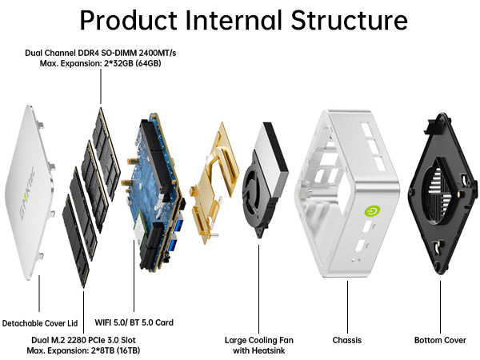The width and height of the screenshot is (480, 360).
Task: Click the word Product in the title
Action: click(128, 20)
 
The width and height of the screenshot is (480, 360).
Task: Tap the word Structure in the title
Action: click(349, 20)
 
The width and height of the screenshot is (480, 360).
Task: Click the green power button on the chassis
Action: click(373, 211)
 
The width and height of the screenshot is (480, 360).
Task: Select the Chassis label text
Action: click(347, 340)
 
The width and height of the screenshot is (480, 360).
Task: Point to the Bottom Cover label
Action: click(440, 340)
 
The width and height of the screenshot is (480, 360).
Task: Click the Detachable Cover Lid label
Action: click(40, 323)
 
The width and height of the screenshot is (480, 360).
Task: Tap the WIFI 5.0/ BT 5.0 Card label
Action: click(134, 322)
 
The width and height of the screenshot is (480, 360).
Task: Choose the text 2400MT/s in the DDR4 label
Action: click(158, 53)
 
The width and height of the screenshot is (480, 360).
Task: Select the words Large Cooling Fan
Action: click(259, 340)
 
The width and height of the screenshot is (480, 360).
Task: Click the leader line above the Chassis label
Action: click(347, 307)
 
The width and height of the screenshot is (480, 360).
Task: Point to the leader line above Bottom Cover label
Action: click(440, 307)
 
